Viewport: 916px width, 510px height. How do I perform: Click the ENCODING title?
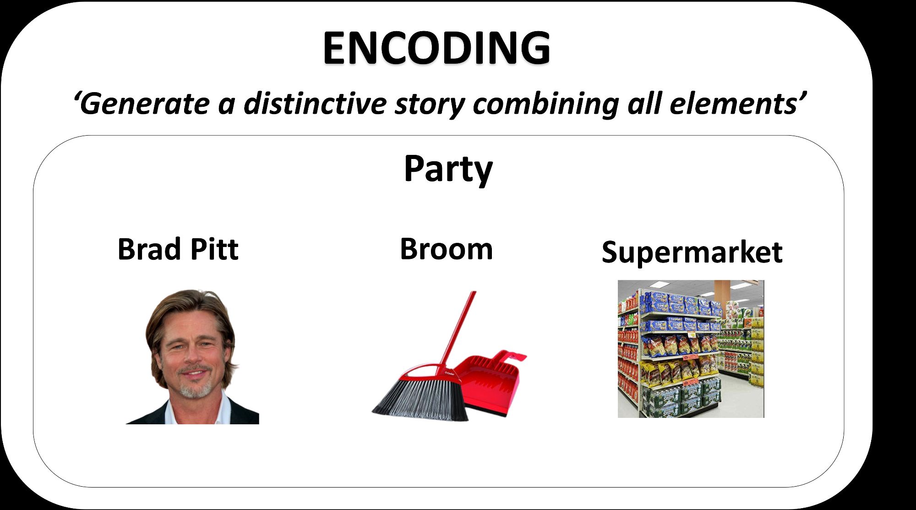coord(436,48)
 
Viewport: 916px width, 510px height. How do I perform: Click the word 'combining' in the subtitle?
coord(545,104)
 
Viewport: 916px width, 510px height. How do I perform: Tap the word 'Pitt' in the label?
coord(214,249)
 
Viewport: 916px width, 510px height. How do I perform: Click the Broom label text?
coord(447,249)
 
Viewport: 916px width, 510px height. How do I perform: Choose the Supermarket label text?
coord(692,252)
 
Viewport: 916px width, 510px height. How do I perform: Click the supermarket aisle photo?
coord(691,349)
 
